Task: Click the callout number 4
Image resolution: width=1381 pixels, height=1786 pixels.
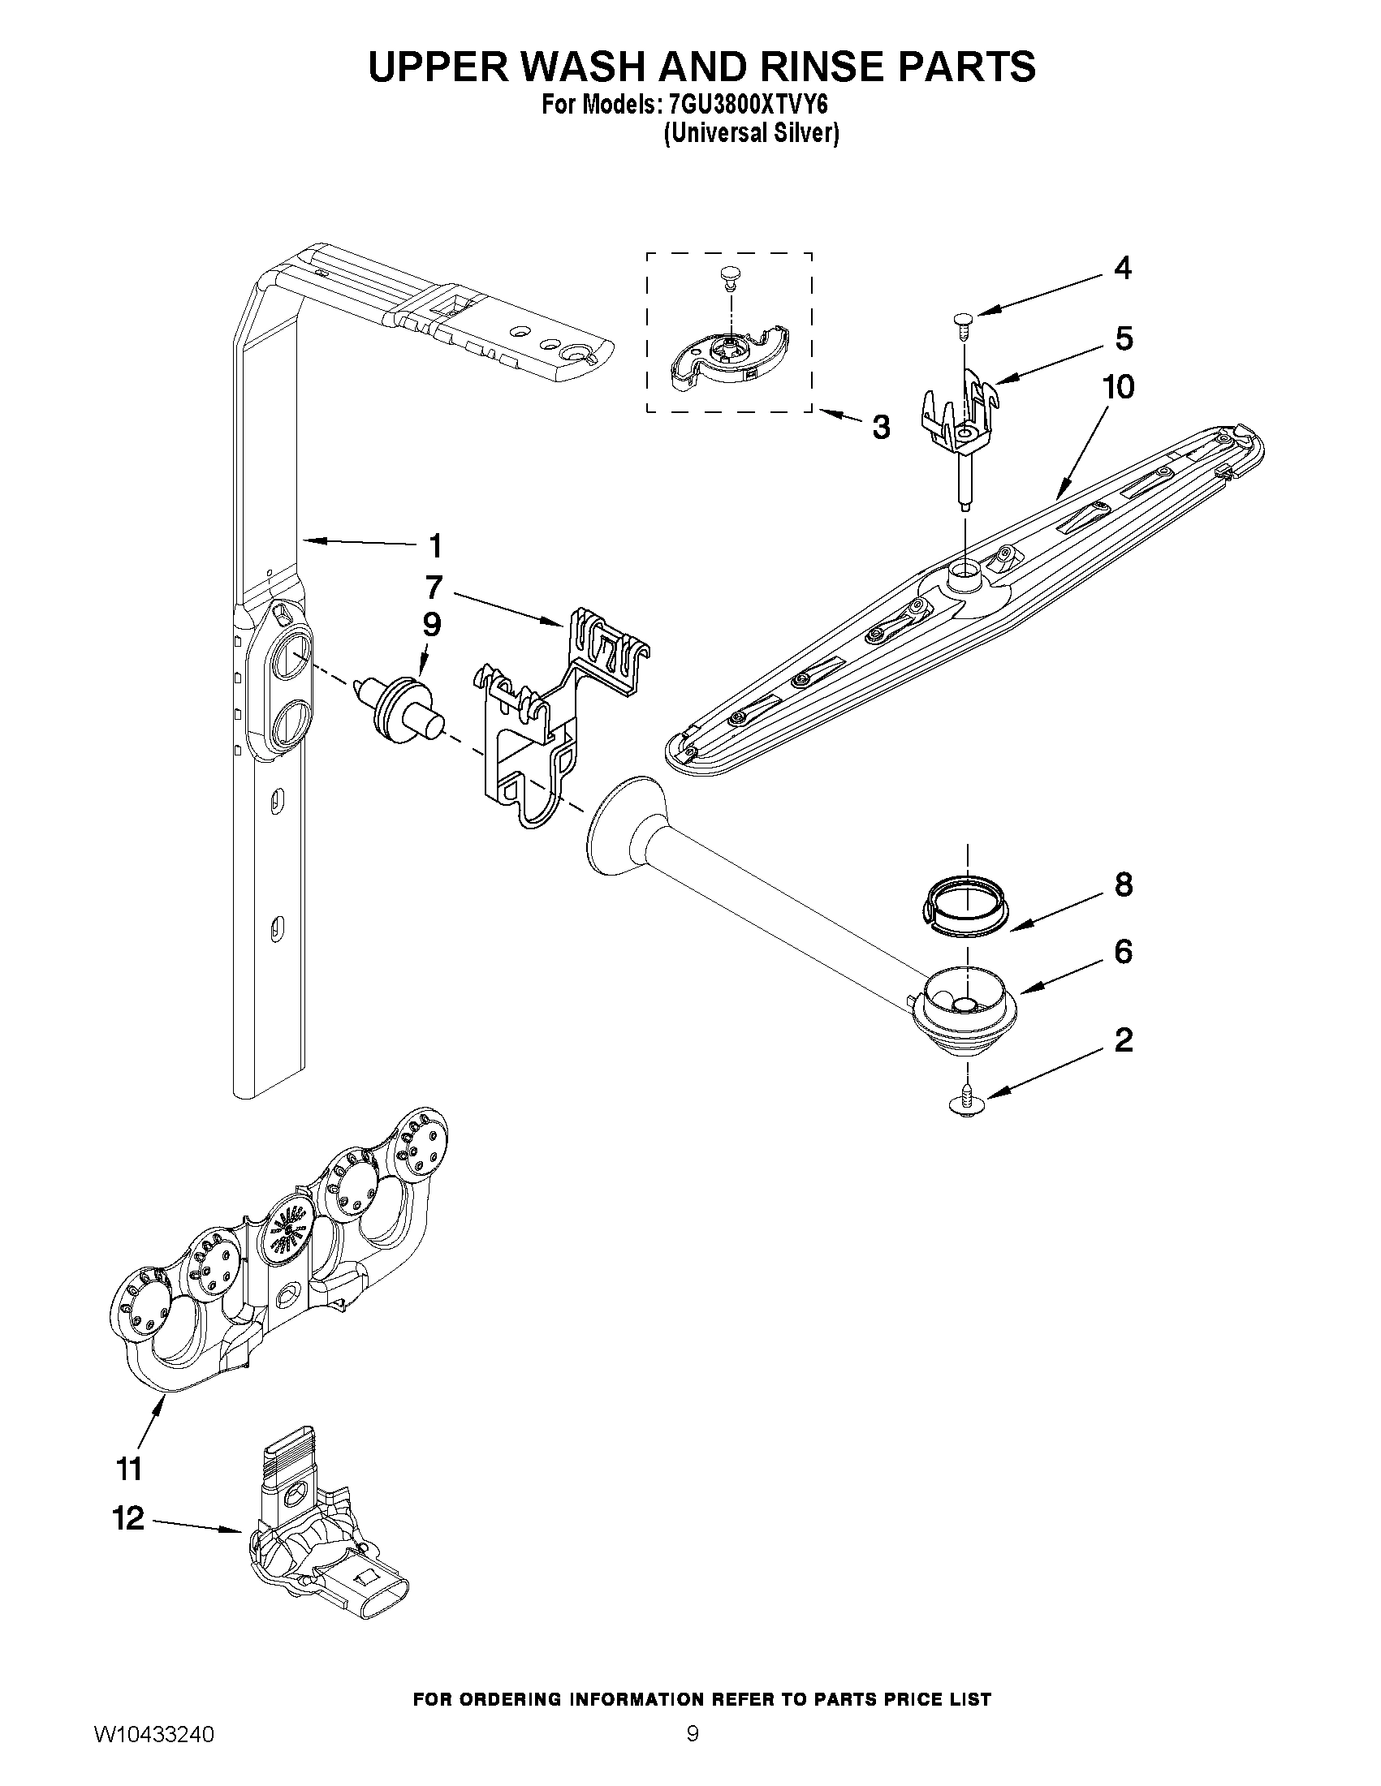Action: coord(1124,269)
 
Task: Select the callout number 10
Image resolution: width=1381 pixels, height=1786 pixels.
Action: coord(1120,387)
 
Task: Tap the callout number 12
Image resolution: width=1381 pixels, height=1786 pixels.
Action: coord(128,1518)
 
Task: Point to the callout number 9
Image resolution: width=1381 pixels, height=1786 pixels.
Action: coord(431,625)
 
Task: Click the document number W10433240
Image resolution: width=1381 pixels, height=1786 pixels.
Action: coord(154,1755)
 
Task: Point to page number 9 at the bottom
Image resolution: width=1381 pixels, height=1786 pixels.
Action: coord(693,1755)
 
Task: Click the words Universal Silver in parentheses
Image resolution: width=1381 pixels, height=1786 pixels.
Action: coord(750,133)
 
